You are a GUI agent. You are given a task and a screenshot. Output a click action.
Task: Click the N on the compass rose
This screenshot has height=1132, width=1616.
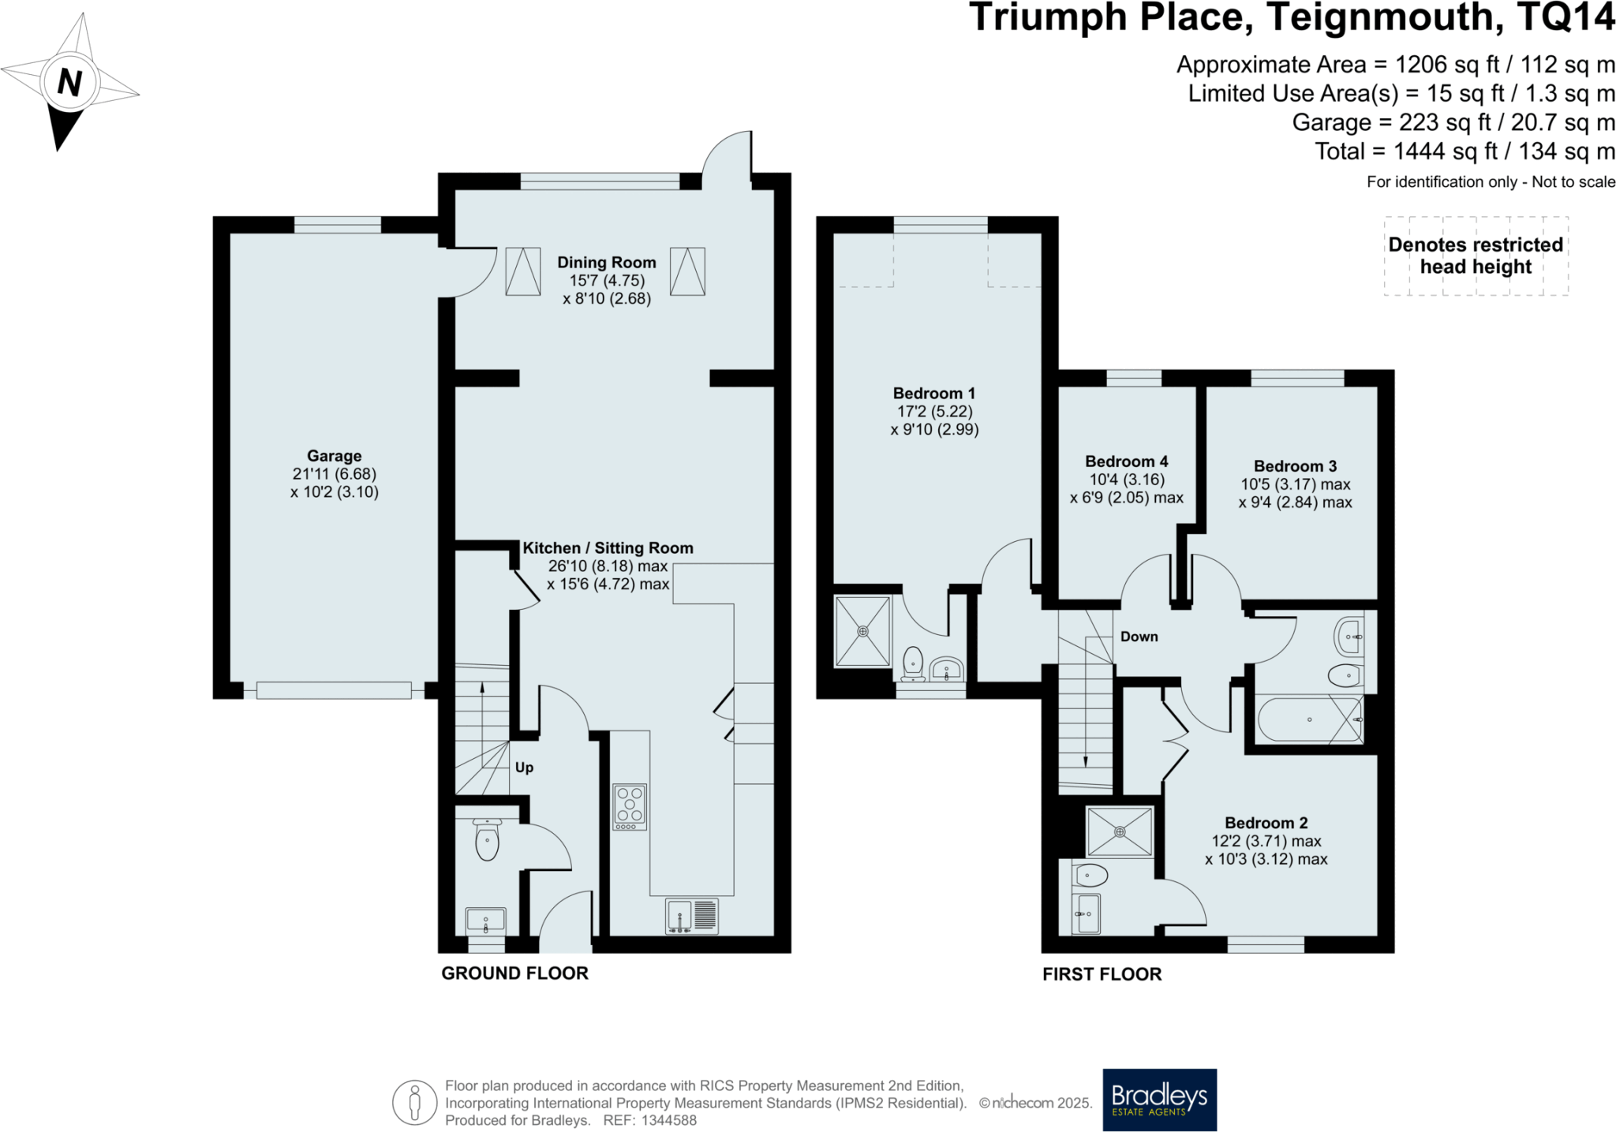click(69, 82)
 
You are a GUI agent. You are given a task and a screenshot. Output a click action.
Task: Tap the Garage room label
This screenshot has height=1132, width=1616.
click(334, 456)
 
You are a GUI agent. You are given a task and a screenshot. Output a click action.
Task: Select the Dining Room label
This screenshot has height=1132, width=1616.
click(606, 263)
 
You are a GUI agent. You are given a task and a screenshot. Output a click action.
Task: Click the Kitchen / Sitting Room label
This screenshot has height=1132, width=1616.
click(608, 548)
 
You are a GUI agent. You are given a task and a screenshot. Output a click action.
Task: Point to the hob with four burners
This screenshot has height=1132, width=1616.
click(630, 805)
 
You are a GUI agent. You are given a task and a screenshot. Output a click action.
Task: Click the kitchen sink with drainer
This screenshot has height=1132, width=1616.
click(692, 916)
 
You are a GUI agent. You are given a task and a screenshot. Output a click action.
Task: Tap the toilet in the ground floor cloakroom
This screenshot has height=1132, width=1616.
click(487, 841)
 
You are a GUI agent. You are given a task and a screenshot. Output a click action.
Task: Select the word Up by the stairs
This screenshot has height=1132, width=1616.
click(524, 768)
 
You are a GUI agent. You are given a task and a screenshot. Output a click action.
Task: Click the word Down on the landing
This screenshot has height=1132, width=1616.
click(1139, 637)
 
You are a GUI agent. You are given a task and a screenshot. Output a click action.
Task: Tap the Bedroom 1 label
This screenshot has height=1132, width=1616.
click(933, 394)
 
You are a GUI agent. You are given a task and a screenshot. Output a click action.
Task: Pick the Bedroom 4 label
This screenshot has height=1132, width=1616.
click(1126, 461)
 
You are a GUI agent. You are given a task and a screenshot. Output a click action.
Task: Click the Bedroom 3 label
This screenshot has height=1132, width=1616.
click(1295, 466)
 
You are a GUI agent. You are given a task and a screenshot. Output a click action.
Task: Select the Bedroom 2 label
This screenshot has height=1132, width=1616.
click(1266, 823)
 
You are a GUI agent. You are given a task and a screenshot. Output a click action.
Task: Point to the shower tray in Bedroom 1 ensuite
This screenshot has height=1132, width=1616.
click(862, 631)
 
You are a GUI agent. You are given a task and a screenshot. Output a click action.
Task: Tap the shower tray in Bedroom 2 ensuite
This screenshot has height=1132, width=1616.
click(1119, 831)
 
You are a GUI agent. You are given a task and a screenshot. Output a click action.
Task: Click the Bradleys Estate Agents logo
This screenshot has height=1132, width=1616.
click(1159, 1099)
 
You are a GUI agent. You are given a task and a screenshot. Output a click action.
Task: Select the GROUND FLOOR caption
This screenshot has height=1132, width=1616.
click(514, 973)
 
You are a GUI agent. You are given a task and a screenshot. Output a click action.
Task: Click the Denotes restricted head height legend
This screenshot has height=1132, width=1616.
click(1476, 256)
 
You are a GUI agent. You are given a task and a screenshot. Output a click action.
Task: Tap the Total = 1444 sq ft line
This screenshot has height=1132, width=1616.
click(1464, 151)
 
